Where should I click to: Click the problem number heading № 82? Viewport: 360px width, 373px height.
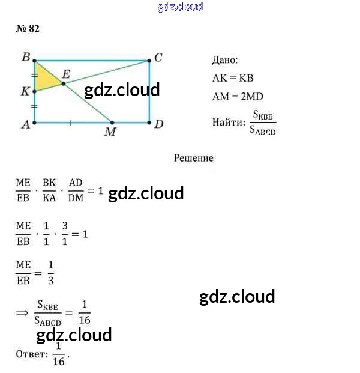27,29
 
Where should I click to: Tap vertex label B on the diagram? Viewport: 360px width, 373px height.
25,57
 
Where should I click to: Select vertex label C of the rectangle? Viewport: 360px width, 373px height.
158,58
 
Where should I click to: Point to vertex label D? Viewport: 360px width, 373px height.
158,124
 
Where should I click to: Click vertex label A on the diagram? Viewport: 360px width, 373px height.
25,124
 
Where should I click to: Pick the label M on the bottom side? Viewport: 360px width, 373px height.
110,132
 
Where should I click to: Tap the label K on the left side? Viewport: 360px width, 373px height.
25,92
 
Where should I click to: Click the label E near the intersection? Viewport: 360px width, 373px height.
67,74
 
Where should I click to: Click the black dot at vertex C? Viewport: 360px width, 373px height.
149,61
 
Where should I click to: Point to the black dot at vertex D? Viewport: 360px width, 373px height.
149,123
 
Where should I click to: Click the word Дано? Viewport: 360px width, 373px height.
225,60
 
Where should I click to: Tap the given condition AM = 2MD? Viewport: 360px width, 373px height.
238,96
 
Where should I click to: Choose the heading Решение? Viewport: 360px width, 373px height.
193,158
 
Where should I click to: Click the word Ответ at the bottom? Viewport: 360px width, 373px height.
32,354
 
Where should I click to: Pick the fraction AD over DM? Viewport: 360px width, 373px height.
76,191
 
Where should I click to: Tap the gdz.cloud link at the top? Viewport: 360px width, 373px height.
180,7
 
